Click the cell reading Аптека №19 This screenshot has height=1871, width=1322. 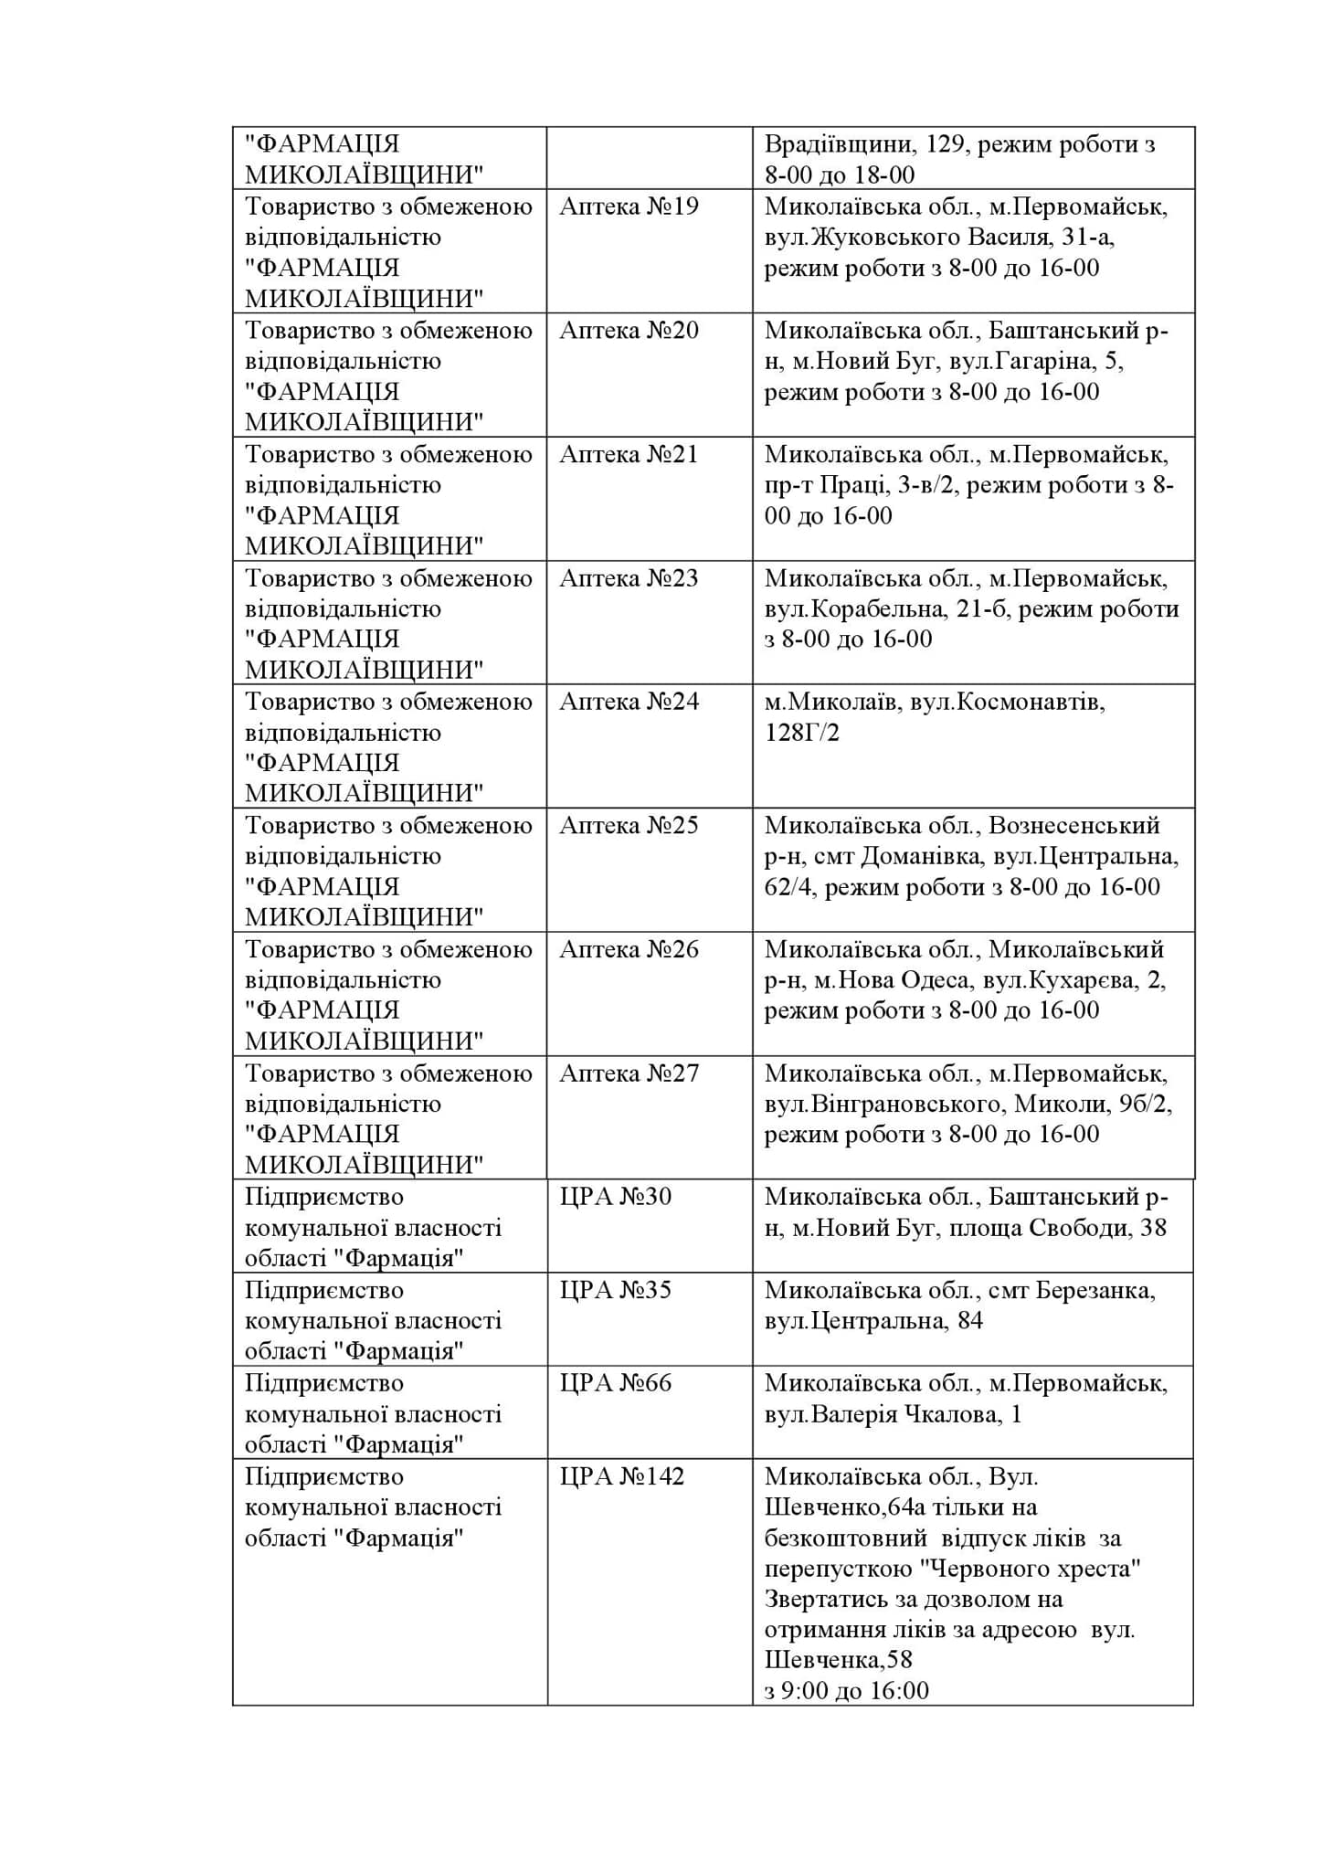coord(629,206)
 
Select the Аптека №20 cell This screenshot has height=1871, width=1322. coord(629,330)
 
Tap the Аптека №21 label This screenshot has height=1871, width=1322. coord(629,454)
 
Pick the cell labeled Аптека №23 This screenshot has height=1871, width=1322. coord(629,578)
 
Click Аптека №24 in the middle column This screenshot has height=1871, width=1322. coord(629,702)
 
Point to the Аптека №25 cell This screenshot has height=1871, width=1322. coord(629,826)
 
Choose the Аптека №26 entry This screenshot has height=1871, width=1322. coord(629,950)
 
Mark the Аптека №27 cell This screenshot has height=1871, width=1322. coord(629,1073)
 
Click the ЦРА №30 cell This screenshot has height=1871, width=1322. coord(615,1197)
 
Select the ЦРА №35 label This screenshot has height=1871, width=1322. coord(615,1290)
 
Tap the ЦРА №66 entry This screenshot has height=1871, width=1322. coord(615,1383)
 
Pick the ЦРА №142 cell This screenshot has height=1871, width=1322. coord(621,1477)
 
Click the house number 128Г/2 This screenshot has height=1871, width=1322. coord(801,733)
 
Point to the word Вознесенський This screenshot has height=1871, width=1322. coord(1073,826)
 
